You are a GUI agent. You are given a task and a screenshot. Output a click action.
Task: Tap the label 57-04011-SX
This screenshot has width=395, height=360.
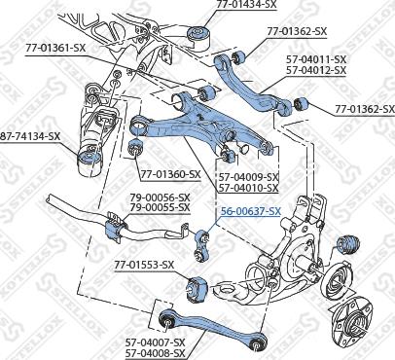coord(321,59)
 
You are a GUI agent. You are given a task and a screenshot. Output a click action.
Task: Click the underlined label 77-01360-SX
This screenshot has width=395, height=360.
coord(170,174)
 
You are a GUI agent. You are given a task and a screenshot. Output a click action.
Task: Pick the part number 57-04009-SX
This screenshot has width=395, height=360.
coord(248,176)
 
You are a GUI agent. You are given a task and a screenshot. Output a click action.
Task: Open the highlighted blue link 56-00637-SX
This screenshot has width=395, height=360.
coord(250,211)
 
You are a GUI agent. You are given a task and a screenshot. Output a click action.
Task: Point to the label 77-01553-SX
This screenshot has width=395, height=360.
coord(143,264)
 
